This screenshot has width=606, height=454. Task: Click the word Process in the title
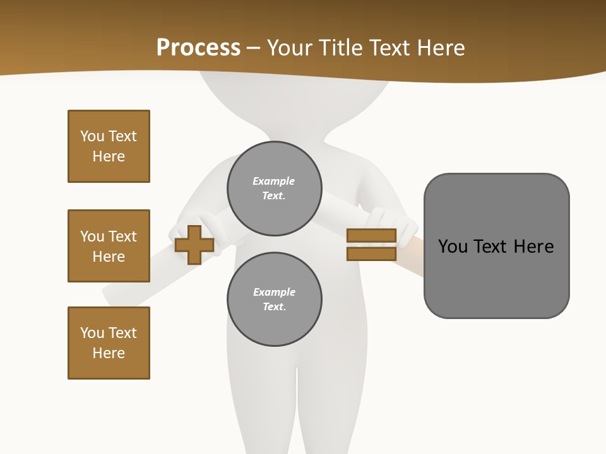(198, 47)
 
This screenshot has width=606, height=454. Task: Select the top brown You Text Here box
(109, 146)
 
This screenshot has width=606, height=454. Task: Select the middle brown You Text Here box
(109, 246)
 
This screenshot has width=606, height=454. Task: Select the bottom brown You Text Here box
(109, 343)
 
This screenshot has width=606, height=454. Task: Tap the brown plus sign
(194, 245)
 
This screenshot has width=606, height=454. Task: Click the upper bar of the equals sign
(371, 235)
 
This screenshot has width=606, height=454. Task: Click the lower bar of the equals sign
(371, 253)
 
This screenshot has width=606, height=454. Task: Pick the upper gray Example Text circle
(275, 189)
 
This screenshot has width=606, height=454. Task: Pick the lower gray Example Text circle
(275, 299)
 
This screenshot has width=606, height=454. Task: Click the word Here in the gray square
(533, 247)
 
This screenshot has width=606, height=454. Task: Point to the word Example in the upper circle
(273, 181)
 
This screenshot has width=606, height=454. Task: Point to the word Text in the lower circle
(274, 306)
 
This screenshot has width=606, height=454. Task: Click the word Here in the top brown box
(109, 156)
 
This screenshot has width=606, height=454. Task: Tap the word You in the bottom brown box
(92, 333)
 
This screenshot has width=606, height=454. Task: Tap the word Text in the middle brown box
(122, 236)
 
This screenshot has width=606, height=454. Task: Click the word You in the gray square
(453, 247)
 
